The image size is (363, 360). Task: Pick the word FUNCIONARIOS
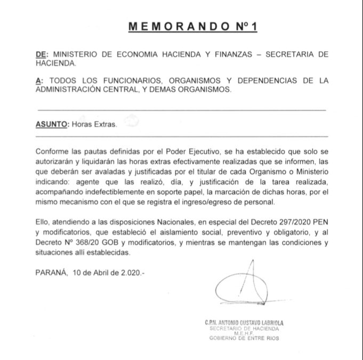[122, 81]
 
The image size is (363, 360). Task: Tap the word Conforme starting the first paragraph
[53, 152]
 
